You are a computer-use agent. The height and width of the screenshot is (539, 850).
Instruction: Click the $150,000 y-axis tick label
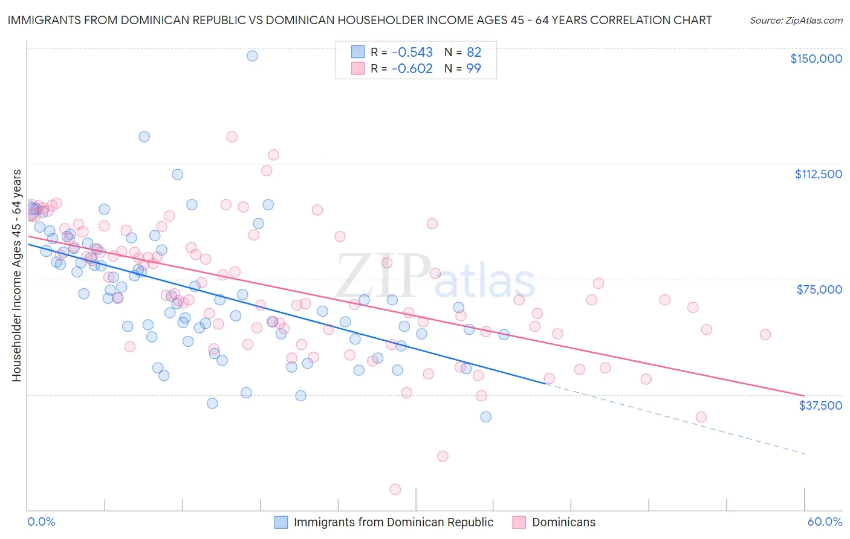816,59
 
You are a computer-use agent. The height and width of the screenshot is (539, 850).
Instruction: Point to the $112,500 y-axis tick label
818,174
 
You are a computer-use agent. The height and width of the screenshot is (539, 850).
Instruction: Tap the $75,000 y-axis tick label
819,289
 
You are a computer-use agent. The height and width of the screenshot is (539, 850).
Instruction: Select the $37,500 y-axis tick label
820,405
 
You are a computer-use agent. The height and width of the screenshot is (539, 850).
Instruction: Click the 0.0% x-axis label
41,522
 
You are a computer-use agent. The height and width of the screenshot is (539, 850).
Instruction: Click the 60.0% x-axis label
825,522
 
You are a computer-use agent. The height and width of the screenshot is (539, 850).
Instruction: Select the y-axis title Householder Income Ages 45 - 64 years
17,276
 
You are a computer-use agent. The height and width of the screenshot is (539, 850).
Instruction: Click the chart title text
359,20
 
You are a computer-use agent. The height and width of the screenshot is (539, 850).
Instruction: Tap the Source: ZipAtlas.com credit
796,20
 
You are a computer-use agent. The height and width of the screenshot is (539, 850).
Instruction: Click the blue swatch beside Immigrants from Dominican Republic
281,522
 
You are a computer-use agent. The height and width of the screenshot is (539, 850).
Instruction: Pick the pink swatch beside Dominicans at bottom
519,522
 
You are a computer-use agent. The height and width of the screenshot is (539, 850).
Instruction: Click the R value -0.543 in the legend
412,52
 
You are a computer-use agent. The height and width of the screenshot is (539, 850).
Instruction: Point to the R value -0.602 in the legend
412,68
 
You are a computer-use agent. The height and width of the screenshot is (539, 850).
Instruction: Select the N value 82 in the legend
473,52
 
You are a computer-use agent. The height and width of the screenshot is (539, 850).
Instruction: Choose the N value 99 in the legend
473,68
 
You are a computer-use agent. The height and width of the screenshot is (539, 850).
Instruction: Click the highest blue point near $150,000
252,56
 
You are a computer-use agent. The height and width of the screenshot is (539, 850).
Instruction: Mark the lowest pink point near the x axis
395,489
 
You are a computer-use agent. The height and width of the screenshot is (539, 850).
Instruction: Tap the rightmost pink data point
765,335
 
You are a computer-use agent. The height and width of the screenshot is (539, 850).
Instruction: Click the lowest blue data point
485,417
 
